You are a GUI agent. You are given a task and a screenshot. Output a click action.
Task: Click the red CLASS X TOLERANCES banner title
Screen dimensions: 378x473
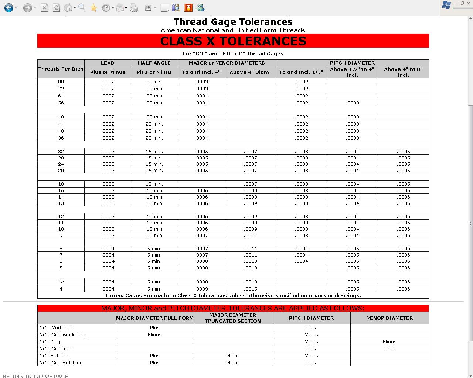pyautogui.click(x=233, y=41)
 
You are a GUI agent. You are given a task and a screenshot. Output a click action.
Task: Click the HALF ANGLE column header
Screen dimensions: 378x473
pyautogui.click(x=154, y=63)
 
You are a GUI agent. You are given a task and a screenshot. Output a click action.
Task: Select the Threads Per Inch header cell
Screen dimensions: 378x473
pyautogui.click(x=61, y=69)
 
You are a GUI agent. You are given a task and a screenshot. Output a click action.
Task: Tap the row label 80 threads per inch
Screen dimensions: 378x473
pyautogui.click(x=61, y=82)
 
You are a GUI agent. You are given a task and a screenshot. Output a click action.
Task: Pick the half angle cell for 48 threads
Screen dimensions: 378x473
pyautogui.click(x=154, y=117)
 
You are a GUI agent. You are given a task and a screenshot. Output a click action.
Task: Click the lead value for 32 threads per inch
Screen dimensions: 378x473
pyautogui.click(x=108, y=151)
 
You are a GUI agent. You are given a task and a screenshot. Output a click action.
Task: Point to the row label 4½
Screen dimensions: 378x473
pyautogui.click(x=61, y=282)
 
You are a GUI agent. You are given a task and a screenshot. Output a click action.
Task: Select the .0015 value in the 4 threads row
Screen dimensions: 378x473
pyautogui.click(x=250, y=289)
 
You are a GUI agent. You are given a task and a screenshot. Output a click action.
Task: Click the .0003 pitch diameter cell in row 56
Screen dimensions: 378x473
pyautogui.click(x=352, y=103)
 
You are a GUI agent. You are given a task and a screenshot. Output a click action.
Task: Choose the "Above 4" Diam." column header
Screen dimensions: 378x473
pyautogui.click(x=250, y=72)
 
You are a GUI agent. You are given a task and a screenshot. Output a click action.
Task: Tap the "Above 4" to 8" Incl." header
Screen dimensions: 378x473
pyautogui.click(x=403, y=72)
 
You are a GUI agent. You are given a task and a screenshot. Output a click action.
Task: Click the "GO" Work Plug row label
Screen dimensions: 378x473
pyautogui.click(x=56, y=327)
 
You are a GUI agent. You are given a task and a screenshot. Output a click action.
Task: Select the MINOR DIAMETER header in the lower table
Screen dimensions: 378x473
pyautogui.click(x=389, y=318)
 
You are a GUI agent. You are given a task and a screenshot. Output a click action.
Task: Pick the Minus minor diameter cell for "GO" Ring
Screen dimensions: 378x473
pyautogui.click(x=389, y=341)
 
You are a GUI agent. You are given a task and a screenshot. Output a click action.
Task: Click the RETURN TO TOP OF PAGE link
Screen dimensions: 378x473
pyautogui.click(x=35, y=376)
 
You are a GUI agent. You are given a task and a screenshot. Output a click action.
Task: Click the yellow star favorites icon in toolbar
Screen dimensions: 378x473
pyautogui.click(x=94, y=8)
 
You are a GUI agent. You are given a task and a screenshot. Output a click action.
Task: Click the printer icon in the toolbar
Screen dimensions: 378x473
pyautogui.click(x=134, y=8)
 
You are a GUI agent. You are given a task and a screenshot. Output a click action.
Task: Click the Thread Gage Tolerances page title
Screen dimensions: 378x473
pyautogui.click(x=233, y=22)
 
